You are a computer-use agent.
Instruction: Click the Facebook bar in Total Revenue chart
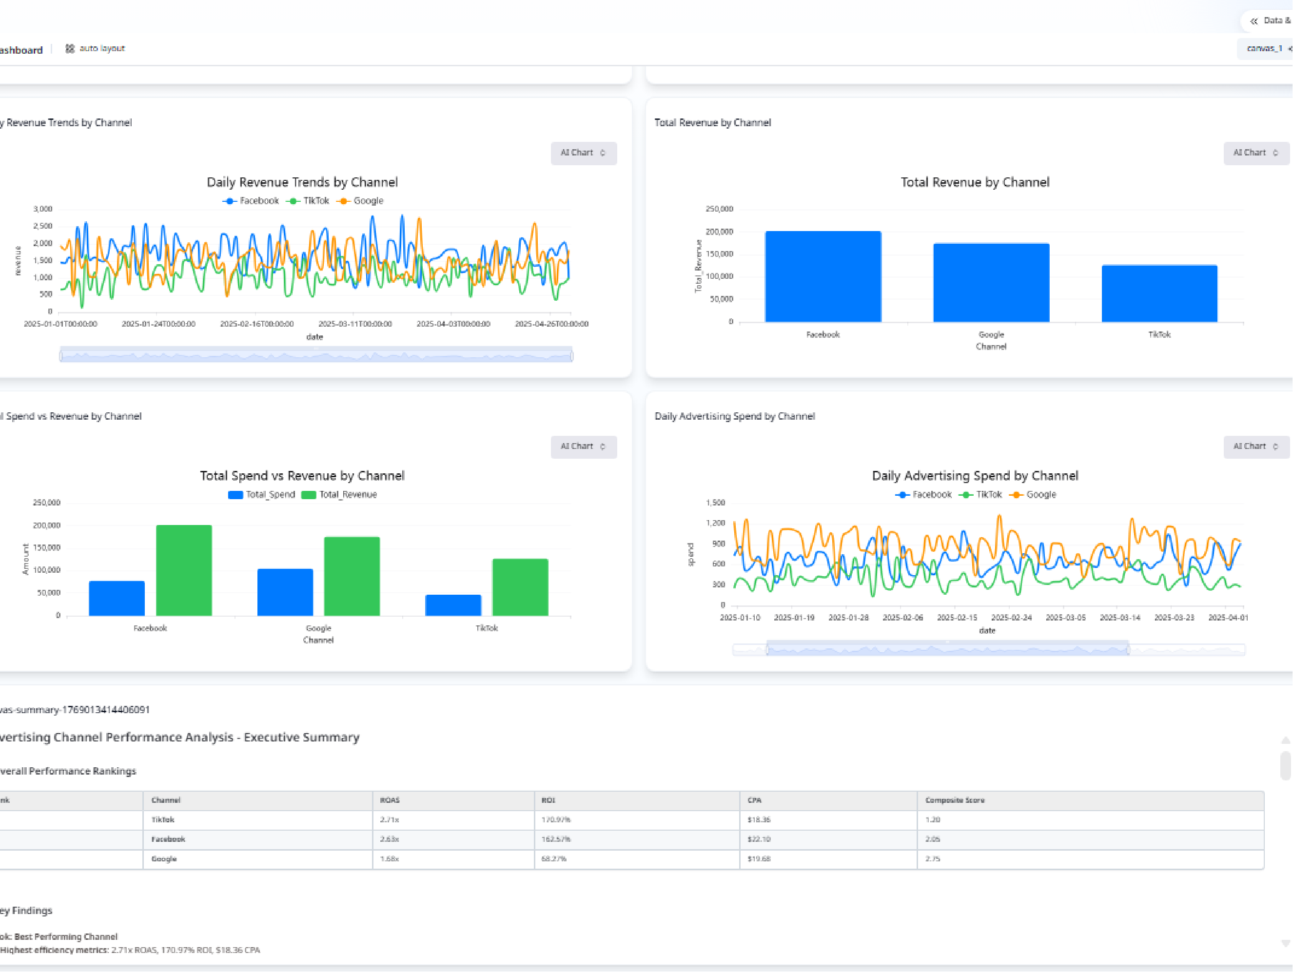[x=823, y=276]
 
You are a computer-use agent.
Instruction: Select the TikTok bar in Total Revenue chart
[x=1159, y=293]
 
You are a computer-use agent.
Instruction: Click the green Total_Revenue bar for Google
[x=352, y=576]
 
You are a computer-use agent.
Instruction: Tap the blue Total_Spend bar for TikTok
[x=453, y=605]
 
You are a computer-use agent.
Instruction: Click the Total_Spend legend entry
[x=262, y=494]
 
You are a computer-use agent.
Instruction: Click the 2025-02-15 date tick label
[x=957, y=617]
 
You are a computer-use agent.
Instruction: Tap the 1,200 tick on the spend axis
[x=715, y=523]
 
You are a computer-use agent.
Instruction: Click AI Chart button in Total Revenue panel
[x=1255, y=153]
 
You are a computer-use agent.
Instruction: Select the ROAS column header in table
[x=390, y=800]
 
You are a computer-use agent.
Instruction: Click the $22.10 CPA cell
[x=759, y=839]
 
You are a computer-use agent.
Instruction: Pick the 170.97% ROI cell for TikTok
[x=555, y=819]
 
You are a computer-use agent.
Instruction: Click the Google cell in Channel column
[x=164, y=858]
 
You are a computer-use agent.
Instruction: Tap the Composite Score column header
[x=955, y=800]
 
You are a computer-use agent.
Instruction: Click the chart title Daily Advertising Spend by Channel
[x=975, y=476]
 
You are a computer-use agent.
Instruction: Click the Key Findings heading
[x=26, y=910]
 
